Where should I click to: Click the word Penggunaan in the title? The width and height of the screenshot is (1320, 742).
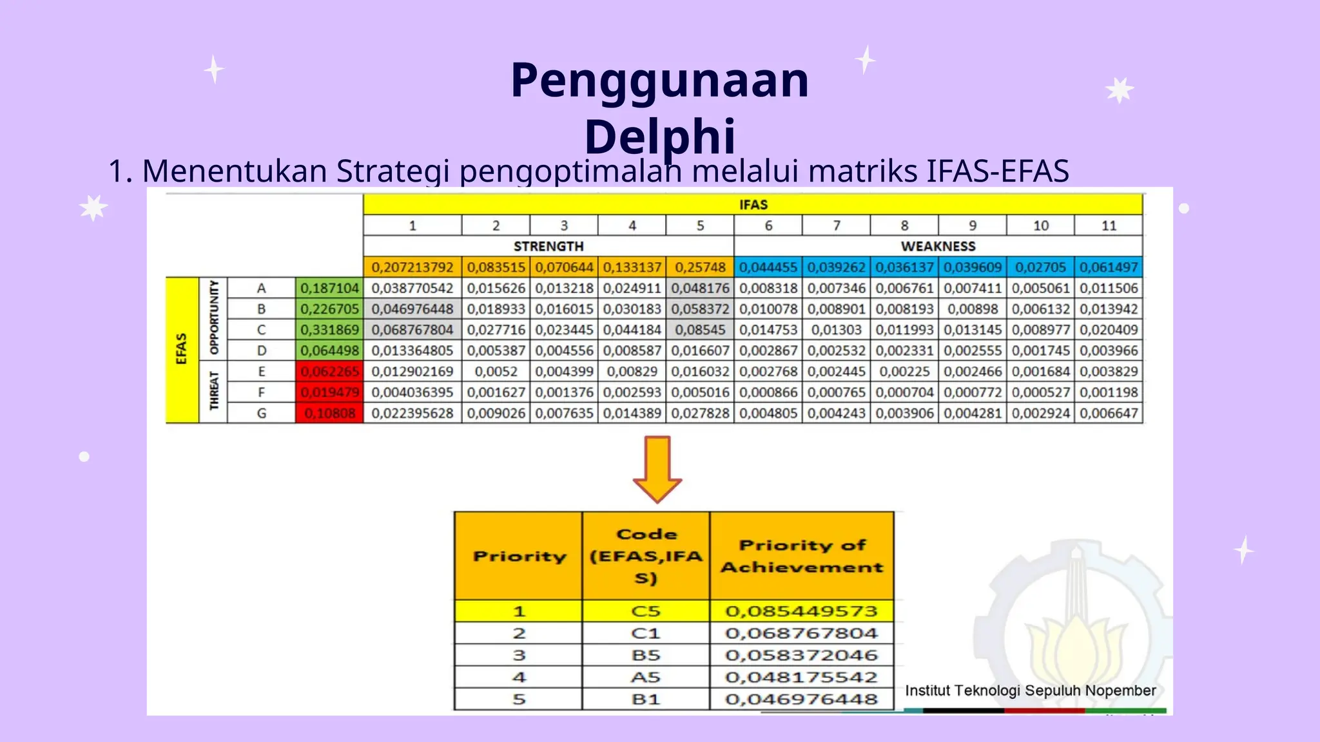point(659,81)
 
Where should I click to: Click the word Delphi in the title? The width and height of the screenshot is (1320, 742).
point(659,137)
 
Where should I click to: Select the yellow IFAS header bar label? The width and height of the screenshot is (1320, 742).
point(753,205)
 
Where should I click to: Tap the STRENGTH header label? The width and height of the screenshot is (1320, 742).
point(548,246)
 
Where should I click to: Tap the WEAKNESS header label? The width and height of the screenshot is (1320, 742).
point(938,246)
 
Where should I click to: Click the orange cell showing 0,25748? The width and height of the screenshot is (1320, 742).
point(700,267)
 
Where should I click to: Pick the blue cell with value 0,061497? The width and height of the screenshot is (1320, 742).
point(1109,267)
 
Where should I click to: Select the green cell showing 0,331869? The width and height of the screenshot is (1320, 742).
point(329,330)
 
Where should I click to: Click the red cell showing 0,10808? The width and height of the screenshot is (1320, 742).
point(329,413)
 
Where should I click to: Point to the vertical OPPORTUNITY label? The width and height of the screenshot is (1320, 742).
point(214,319)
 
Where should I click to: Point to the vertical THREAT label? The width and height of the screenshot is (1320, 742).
point(214,392)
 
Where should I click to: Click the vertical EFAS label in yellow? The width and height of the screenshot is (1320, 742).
point(182,350)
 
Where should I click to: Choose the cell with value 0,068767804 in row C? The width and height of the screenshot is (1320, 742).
point(412,330)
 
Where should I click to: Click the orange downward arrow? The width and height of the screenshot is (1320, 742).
point(657,469)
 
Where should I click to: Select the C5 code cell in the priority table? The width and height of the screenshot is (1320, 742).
point(646,611)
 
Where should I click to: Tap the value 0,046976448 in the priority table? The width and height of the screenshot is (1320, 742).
point(801,699)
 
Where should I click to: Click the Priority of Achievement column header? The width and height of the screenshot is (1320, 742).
point(801,556)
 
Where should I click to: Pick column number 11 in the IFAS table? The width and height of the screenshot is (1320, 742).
point(1109,225)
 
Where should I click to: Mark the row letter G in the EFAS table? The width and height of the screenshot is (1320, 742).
point(261,413)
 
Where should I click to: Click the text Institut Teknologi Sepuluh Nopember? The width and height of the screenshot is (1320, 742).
point(1030,690)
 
